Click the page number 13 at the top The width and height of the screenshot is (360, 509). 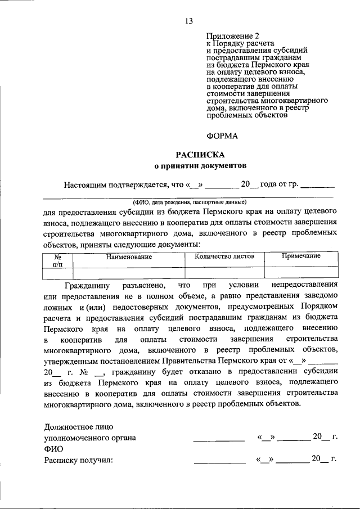point(188,21)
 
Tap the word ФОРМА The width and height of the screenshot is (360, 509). point(222,136)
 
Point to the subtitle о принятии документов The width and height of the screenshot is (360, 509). point(200,166)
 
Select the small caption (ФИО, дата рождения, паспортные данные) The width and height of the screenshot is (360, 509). point(189,201)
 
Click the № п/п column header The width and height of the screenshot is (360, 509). point(57,259)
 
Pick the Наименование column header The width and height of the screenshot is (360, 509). point(130,256)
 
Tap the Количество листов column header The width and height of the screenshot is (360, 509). point(224,256)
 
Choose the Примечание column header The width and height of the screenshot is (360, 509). point(301,256)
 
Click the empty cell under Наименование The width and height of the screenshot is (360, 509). point(130,273)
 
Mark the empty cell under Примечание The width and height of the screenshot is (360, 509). point(301,273)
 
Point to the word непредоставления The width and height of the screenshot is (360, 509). point(304,286)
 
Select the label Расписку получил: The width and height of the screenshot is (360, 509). point(79,461)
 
